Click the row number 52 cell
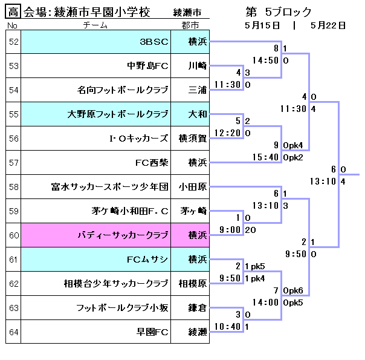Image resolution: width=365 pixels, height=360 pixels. coord(13,42)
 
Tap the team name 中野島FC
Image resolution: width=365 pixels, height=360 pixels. coord(147,66)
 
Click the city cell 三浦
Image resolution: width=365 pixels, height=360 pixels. coord(197,90)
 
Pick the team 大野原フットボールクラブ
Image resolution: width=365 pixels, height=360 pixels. coord(118,114)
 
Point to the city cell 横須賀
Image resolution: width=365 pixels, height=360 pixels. coord(192,138)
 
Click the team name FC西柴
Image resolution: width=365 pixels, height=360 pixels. coord(151,162)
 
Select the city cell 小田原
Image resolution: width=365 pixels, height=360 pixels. coord(192,186)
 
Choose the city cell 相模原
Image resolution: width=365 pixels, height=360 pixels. coord(192,283)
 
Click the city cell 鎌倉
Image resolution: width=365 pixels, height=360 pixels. coord(197,307)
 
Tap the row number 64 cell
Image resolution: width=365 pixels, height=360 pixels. coord(13,332)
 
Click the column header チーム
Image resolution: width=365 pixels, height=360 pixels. coord(95,25)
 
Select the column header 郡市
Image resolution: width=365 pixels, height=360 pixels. coord(190,25)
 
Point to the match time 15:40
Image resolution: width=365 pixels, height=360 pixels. coord(265,157)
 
